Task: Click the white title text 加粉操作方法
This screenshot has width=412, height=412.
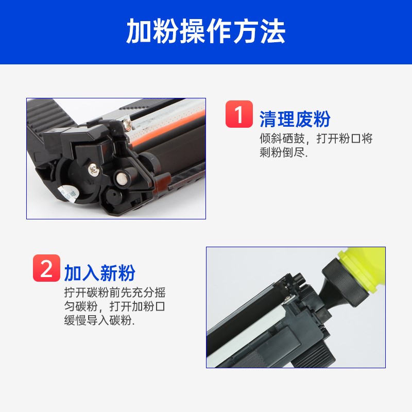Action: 206,32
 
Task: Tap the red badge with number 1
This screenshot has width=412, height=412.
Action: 239,114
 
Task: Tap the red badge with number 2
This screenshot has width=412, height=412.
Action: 46,268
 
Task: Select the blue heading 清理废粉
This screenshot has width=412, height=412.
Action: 295,119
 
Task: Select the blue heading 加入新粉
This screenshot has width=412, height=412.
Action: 100,273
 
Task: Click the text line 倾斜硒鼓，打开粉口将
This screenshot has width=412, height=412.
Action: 316,139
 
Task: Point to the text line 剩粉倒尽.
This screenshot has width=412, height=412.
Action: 283,153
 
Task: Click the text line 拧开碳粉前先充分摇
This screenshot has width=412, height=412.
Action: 115,293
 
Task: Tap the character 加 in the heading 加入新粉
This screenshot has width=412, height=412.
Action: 73,273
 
